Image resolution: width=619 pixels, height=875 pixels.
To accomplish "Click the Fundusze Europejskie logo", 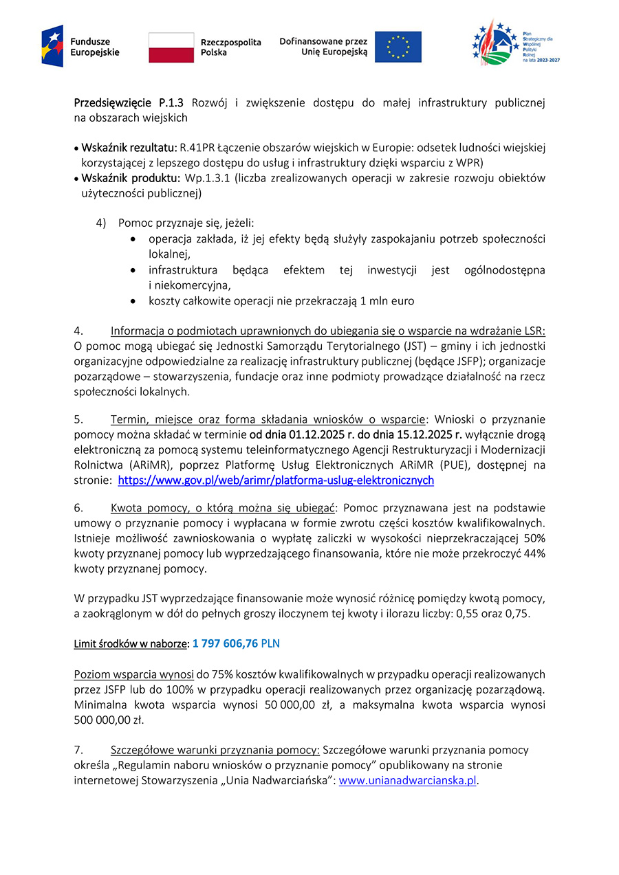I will [x=80, y=46].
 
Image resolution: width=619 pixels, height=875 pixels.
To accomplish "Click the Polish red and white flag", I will [x=171, y=47].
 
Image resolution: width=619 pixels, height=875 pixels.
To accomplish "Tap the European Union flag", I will [x=398, y=47].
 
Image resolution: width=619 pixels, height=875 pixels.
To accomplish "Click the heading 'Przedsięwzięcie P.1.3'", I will [x=129, y=103].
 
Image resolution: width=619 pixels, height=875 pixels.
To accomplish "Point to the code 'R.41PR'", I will [x=196, y=148].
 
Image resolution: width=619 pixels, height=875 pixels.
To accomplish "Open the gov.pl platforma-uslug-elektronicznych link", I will [x=276, y=480].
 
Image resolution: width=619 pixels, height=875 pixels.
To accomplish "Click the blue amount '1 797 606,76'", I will [x=225, y=644].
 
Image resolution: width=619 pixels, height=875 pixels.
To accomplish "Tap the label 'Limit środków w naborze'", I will [x=131, y=644].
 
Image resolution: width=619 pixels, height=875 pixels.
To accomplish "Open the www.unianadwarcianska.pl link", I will [x=408, y=780].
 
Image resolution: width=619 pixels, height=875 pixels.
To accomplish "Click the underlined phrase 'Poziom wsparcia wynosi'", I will [x=133, y=674].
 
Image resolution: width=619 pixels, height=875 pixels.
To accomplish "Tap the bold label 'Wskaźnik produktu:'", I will [x=131, y=178].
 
